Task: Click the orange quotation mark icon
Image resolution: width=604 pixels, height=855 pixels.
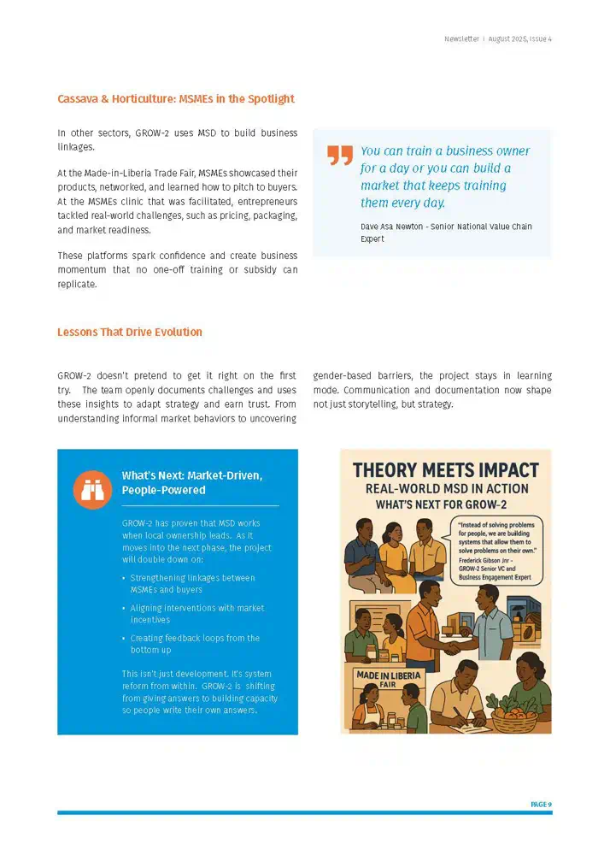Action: coord(339,155)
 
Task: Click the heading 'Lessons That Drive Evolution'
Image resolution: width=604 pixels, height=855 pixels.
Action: coord(130,332)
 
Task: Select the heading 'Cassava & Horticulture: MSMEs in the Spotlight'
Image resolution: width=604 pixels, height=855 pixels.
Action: coord(175,99)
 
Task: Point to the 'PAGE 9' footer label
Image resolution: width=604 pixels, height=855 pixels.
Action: coord(541,805)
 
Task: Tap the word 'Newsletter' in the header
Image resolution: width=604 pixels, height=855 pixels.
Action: coord(461,39)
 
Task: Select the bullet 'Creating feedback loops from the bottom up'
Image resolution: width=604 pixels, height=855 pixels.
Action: coord(195,644)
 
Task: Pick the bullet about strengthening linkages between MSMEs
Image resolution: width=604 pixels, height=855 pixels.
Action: coord(192,583)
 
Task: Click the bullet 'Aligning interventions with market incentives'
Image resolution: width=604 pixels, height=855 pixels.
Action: coord(196,613)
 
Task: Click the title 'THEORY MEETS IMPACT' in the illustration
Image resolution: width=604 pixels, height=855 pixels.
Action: coord(445,470)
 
